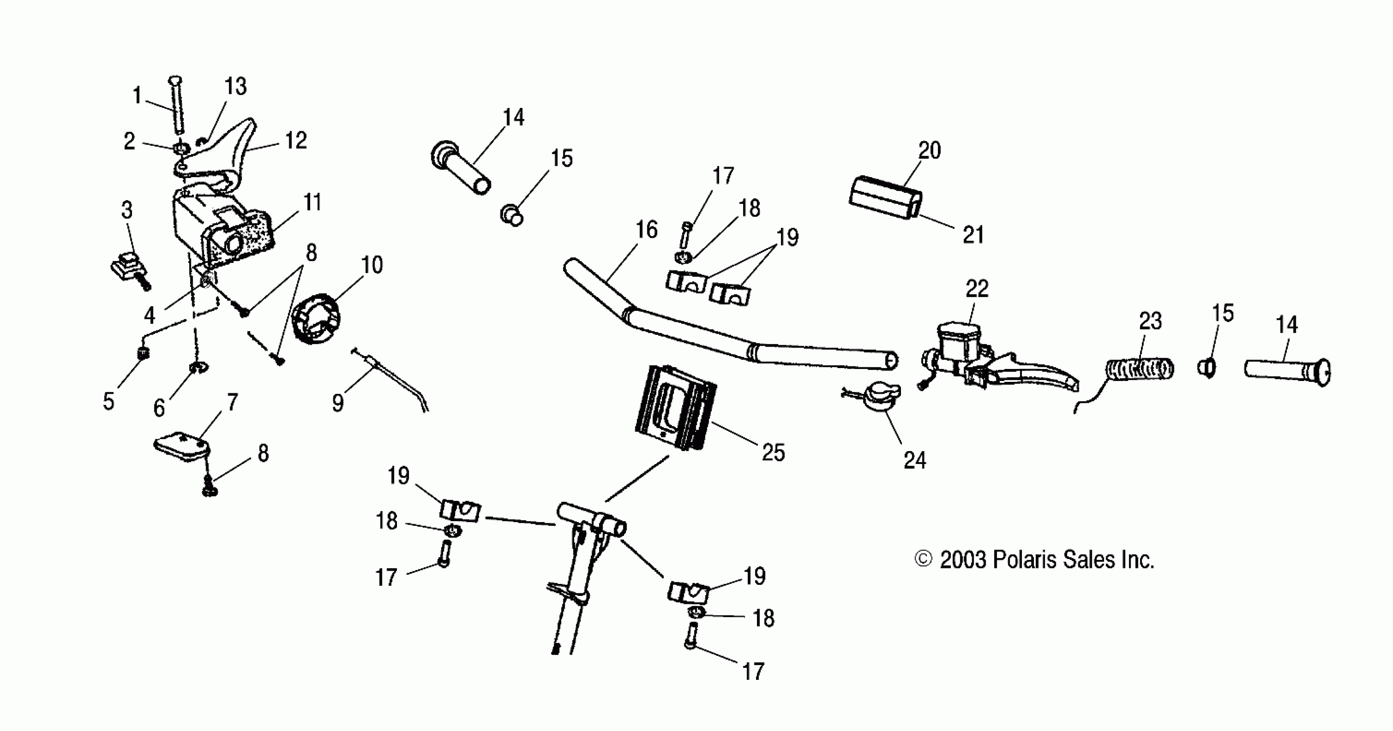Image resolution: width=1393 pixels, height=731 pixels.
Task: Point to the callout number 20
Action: coord(929,150)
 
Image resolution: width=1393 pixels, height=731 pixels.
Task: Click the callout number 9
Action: coord(338,403)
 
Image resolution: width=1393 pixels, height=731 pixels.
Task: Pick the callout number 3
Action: coord(126,210)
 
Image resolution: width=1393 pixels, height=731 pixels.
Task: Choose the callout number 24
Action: coord(914,460)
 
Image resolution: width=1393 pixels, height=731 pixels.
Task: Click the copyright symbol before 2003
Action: coord(923,559)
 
